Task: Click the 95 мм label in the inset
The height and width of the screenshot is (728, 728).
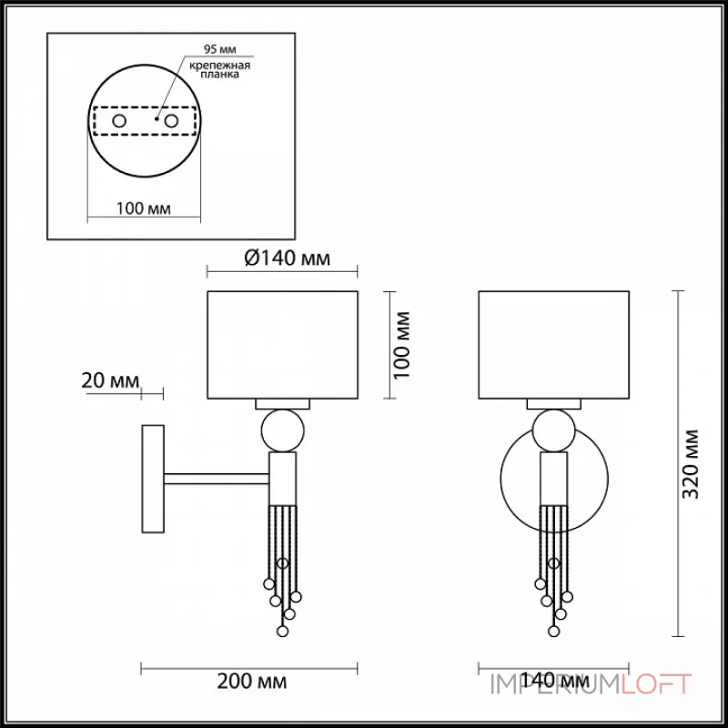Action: coord(219,49)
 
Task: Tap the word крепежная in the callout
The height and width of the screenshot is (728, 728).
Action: coord(219,65)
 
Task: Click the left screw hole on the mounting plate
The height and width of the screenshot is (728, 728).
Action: coord(119,121)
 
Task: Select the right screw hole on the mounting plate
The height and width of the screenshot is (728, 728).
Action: coord(171,121)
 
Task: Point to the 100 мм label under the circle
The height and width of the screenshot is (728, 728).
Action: coord(144,208)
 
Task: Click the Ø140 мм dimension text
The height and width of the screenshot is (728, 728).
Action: coord(288,258)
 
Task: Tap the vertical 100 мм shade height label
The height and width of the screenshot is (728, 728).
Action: coord(402,346)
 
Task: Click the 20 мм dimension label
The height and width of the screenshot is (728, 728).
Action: coord(110,380)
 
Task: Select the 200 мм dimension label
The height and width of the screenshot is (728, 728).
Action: coord(252,682)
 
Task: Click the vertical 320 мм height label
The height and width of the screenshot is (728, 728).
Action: coord(690,464)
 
